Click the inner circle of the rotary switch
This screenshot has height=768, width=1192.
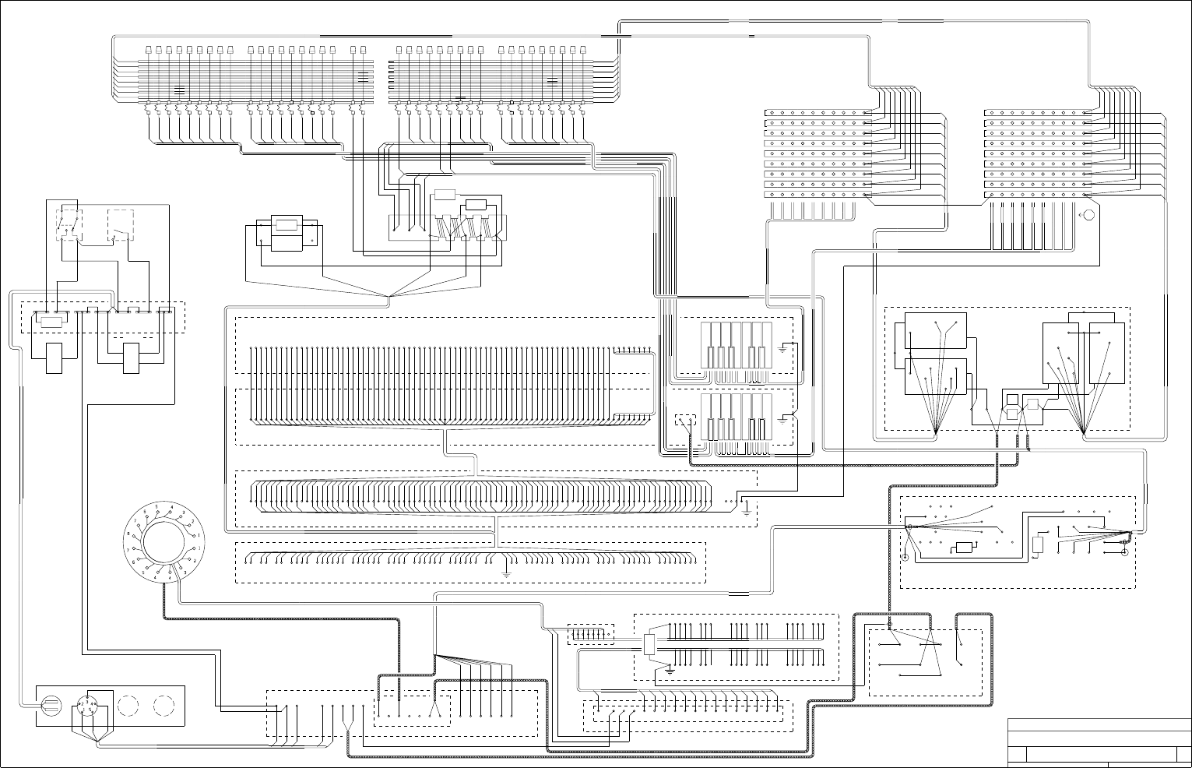[164, 543]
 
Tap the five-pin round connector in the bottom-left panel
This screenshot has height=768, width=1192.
[87, 706]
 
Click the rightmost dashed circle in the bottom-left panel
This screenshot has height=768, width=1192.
[164, 706]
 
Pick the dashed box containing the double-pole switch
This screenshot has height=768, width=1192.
[68, 224]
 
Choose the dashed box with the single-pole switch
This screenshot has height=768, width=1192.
[120, 224]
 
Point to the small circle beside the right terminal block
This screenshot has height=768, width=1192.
[1089, 215]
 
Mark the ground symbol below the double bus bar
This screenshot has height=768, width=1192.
[670, 668]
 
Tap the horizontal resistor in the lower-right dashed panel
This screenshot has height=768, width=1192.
[965, 548]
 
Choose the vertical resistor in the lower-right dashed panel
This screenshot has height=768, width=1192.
[1037, 544]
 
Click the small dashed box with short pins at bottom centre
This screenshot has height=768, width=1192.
[592, 633]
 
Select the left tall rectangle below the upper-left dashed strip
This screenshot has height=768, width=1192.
[55, 358]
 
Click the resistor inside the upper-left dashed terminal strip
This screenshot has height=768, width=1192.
[51, 322]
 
